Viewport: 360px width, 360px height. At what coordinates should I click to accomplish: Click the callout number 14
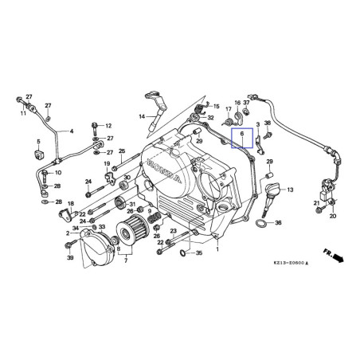click(x=142, y=117)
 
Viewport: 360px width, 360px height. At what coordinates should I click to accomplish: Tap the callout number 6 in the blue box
click(x=241, y=137)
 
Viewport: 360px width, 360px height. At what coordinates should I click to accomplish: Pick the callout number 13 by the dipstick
click(x=290, y=190)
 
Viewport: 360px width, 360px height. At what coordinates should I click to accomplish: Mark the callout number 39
click(x=70, y=259)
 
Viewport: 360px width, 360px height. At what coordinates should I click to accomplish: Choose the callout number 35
click(x=199, y=253)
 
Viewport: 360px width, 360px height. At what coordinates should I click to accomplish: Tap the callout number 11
click(x=23, y=114)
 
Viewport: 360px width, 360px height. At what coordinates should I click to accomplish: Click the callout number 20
click(x=332, y=216)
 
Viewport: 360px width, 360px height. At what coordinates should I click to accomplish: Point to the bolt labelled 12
click(x=96, y=126)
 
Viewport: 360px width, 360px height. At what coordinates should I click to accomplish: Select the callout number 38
click(x=268, y=123)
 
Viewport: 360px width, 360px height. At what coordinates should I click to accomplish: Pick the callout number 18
click(x=71, y=205)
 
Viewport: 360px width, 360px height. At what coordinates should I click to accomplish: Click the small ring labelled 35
click(x=185, y=254)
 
